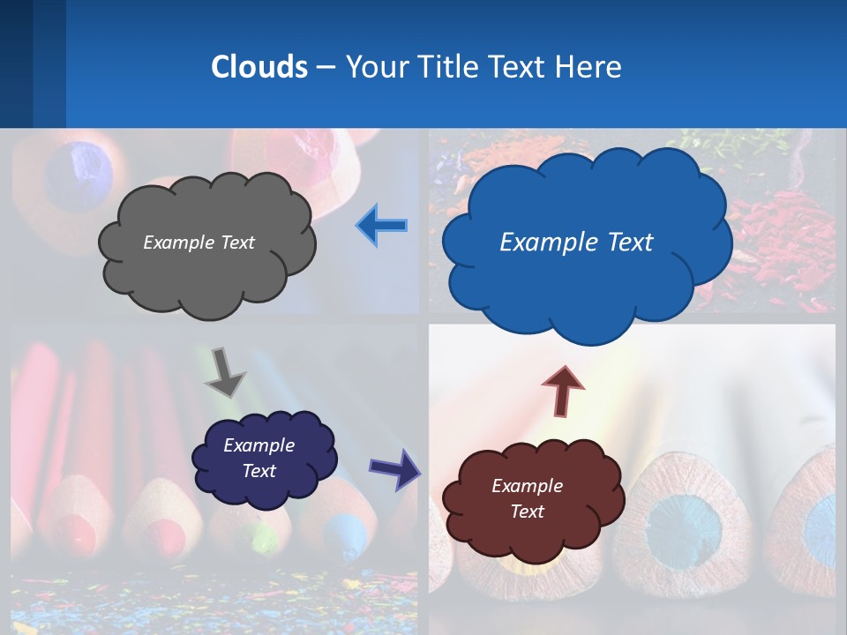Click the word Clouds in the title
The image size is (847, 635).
[259, 67]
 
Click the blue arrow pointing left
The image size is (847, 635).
[382, 227]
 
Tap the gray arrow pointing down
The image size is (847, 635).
[225, 371]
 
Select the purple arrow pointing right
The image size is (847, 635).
[394, 468]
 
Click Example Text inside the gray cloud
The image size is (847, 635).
[199, 243]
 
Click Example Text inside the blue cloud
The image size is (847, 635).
[576, 243]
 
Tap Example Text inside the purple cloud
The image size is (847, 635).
[259, 458]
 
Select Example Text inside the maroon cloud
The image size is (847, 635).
[527, 498]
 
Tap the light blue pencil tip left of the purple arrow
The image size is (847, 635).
[346, 529]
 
